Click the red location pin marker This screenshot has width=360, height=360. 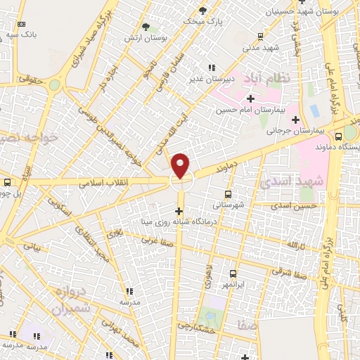181,166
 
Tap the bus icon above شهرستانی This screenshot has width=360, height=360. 228,194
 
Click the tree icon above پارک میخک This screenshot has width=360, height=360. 204,11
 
